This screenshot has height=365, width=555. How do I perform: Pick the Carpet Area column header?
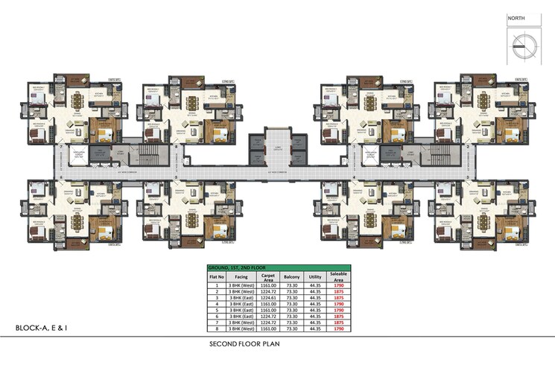tap(269, 276)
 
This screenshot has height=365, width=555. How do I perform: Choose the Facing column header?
tap(241, 276)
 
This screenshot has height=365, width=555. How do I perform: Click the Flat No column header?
tap(216, 276)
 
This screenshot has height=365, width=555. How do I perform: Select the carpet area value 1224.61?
tap(269, 296)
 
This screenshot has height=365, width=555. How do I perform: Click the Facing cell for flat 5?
tap(241, 309)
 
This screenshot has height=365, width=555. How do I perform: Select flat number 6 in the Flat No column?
tap(216, 315)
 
